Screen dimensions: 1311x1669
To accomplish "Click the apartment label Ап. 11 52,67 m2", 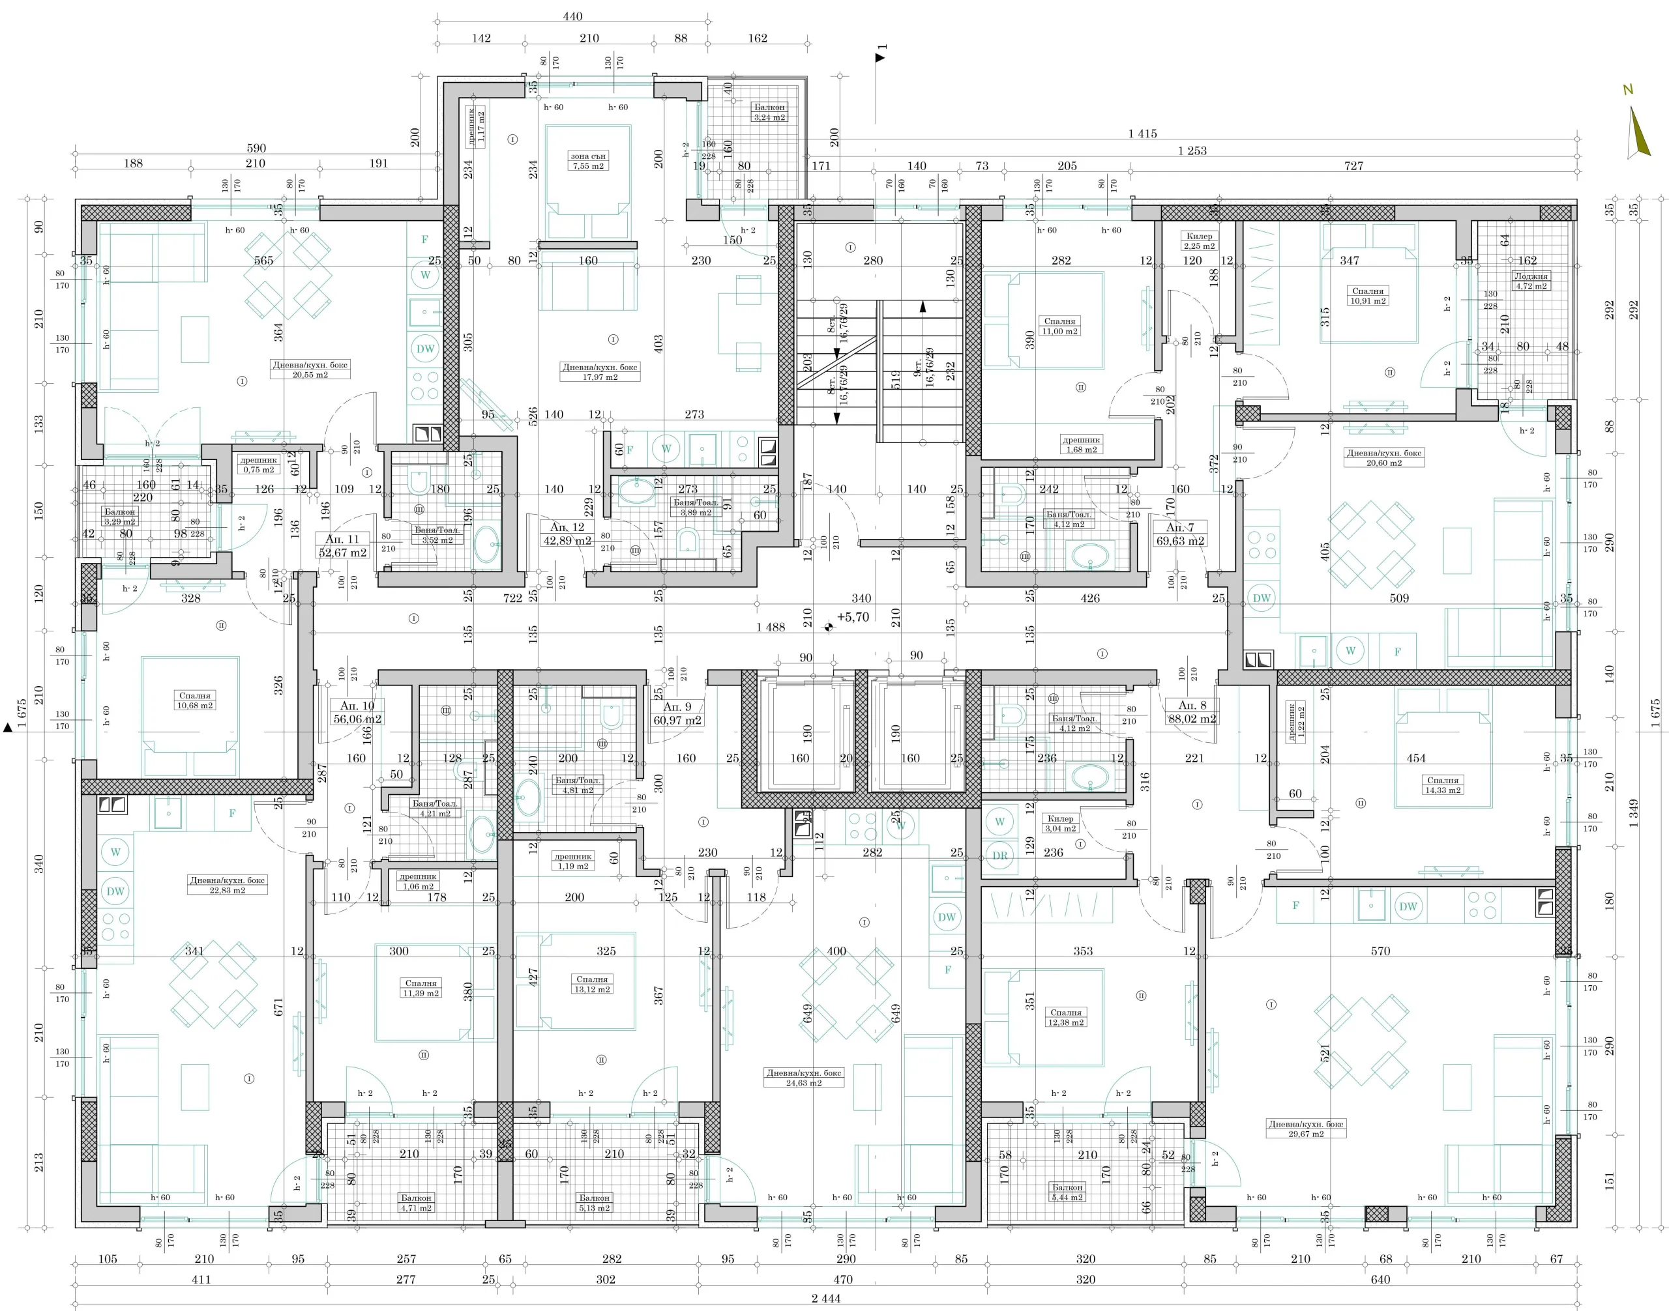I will [342, 546].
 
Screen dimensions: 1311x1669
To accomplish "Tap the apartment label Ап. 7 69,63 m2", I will [1180, 534].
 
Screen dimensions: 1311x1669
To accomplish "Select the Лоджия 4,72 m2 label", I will [1531, 281].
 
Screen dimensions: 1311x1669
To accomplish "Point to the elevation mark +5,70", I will [853, 617].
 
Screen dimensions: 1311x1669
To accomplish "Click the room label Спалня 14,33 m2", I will [1442, 785].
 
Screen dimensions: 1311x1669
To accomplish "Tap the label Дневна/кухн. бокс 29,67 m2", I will [1306, 1129].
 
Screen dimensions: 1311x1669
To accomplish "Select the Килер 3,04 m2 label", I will [1060, 824].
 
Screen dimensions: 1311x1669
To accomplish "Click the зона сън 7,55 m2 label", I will [588, 160].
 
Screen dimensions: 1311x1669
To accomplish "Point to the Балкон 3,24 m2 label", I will [769, 112].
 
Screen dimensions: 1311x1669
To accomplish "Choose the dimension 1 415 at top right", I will [1142, 134].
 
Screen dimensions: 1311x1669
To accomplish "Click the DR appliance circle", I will [999, 855].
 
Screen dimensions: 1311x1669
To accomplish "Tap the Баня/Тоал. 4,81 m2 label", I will [578, 785].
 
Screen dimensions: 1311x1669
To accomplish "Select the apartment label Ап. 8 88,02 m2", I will [1191, 712].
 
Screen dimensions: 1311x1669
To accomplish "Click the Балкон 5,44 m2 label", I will [1068, 1192].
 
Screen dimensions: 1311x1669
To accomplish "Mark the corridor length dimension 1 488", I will [771, 627].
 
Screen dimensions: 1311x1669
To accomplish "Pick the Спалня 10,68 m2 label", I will [195, 700].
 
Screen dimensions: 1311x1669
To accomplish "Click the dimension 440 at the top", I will [572, 16].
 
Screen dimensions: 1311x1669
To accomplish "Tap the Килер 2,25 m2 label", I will [1199, 241].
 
